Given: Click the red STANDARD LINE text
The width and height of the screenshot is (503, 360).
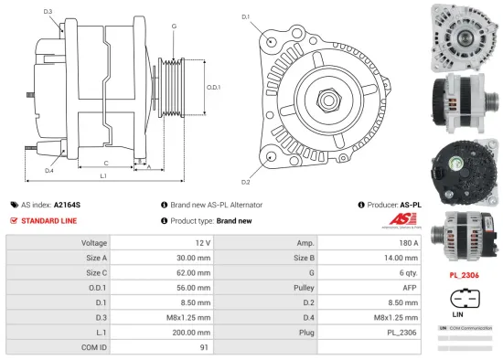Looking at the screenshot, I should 49,221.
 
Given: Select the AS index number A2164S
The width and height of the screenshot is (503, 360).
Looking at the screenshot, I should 67,206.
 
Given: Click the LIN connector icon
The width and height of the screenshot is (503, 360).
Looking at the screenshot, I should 463,301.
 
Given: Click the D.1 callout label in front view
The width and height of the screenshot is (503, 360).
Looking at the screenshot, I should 246,16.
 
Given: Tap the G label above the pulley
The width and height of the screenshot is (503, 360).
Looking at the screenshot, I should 174,26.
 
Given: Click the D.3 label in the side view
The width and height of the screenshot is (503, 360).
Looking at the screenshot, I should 48,11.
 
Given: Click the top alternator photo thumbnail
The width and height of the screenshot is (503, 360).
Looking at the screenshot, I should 463,35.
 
